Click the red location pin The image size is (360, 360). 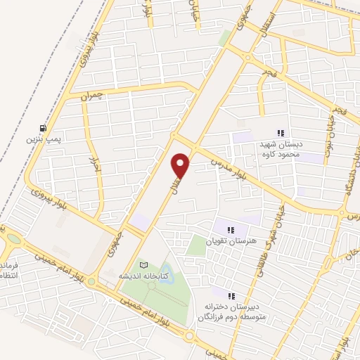tap(181, 166)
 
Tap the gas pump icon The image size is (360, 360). tap(44, 128)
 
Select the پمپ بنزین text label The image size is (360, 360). tap(44, 140)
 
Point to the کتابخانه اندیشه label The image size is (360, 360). tap(143, 276)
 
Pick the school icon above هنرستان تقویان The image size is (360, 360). tap(230, 229)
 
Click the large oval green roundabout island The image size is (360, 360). tap(15, 238)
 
